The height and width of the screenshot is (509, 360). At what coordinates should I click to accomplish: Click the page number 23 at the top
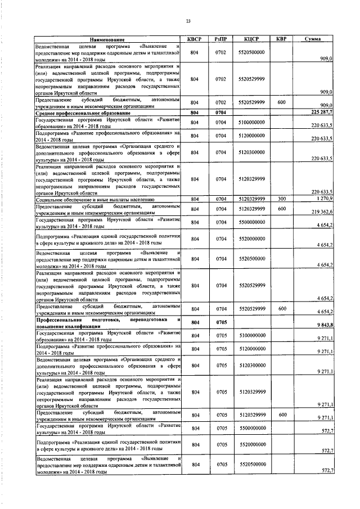(x=188, y=21)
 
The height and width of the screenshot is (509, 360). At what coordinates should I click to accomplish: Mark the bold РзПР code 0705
(x=221, y=322)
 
